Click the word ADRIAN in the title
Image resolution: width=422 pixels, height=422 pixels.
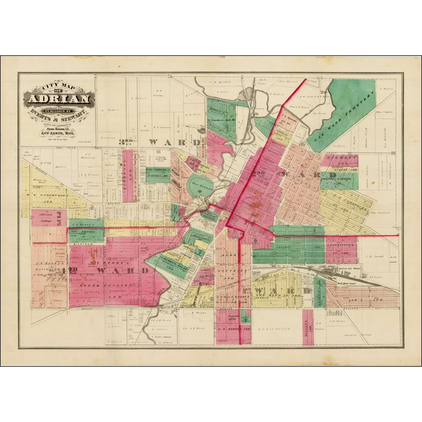59,100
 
